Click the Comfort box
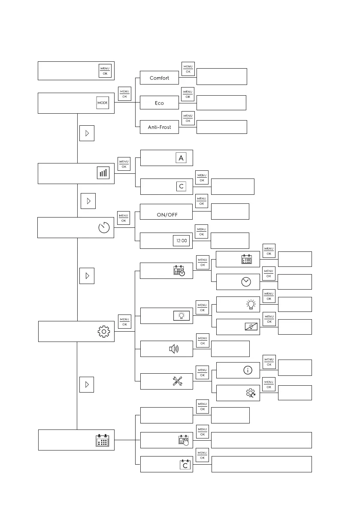pyautogui.click(x=159, y=78)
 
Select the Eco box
pyautogui.click(x=159, y=103)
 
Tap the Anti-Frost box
pyautogui.click(x=159, y=127)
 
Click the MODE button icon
pyautogui.click(x=103, y=103)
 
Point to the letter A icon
pyautogui.click(x=181, y=158)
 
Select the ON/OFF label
pyautogui.click(x=167, y=215)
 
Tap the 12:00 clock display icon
pyautogui.click(x=181, y=241)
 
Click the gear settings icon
pyautogui.click(x=104, y=331)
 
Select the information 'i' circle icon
pyautogui.click(x=248, y=370)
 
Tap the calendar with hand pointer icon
pyautogui.click(x=184, y=441)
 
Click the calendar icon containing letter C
pyautogui.click(x=185, y=465)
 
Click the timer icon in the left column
pyautogui.click(x=104, y=228)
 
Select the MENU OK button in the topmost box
pyautogui.click(x=105, y=71)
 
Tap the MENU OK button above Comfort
pyautogui.click(x=188, y=69)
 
